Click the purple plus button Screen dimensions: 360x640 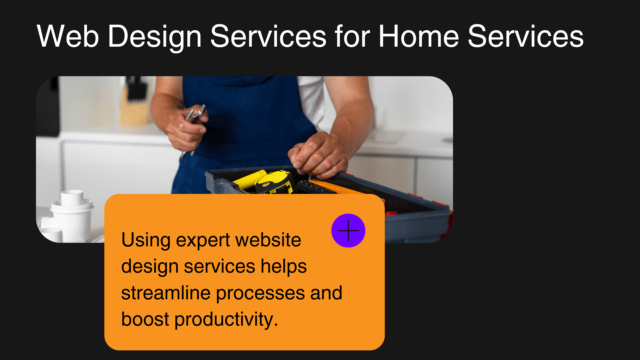click(348, 231)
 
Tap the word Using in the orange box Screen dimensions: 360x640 click(146, 240)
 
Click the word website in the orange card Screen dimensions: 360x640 click(268, 240)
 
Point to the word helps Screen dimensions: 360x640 click(284, 267)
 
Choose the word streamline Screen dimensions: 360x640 click(166, 293)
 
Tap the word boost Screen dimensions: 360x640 click(145, 319)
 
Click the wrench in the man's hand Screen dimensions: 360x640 click(196, 114)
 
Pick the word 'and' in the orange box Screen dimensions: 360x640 click(326, 293)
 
